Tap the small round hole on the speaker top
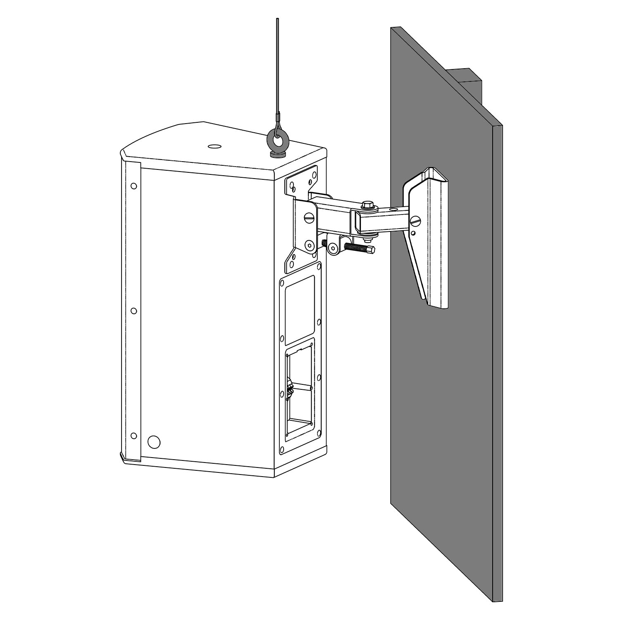pyautogui.click(x=215, y=146)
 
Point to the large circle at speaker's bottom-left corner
pyautogui.click(x=154, y=441)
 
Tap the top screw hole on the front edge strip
pyautogui.click(x=134, y=186)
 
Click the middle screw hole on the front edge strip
pyautogui.click(x=134, y=310)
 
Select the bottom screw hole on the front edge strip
pyautogui.click(x=134, y=435)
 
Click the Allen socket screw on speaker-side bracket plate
pyautogui.click(x=310, y=246)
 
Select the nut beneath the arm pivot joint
pyautogui.click(x=368, y=237)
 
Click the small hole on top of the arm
pyautogui.click(x=393, y=210)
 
